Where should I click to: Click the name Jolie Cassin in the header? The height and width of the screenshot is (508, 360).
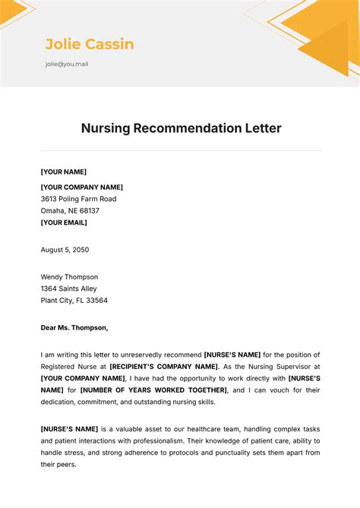coord(90,44)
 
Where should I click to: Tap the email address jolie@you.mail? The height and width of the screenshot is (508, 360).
coord(67,64)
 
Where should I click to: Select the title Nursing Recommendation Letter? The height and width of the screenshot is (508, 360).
coord(181,128)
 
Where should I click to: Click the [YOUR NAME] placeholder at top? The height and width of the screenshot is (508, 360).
coord(64,172)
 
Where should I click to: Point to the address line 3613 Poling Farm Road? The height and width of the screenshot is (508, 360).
coord(78,199)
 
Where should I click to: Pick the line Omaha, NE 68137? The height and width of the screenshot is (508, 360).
coord(70,210)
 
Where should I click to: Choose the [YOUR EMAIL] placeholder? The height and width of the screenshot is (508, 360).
coord(64,222)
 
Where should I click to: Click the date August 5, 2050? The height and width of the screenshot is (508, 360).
coord(65,249)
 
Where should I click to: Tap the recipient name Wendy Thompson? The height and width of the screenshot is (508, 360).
coord(69,277)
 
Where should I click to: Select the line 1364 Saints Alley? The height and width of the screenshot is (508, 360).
coord(68,289)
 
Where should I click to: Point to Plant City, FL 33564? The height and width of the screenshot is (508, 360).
coord(74,300)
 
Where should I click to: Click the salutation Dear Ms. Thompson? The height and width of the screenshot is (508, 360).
coord(74,328)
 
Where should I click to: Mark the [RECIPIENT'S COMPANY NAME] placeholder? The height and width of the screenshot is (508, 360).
coord(163,366)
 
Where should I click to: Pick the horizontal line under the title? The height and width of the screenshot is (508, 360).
coord(181,150)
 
